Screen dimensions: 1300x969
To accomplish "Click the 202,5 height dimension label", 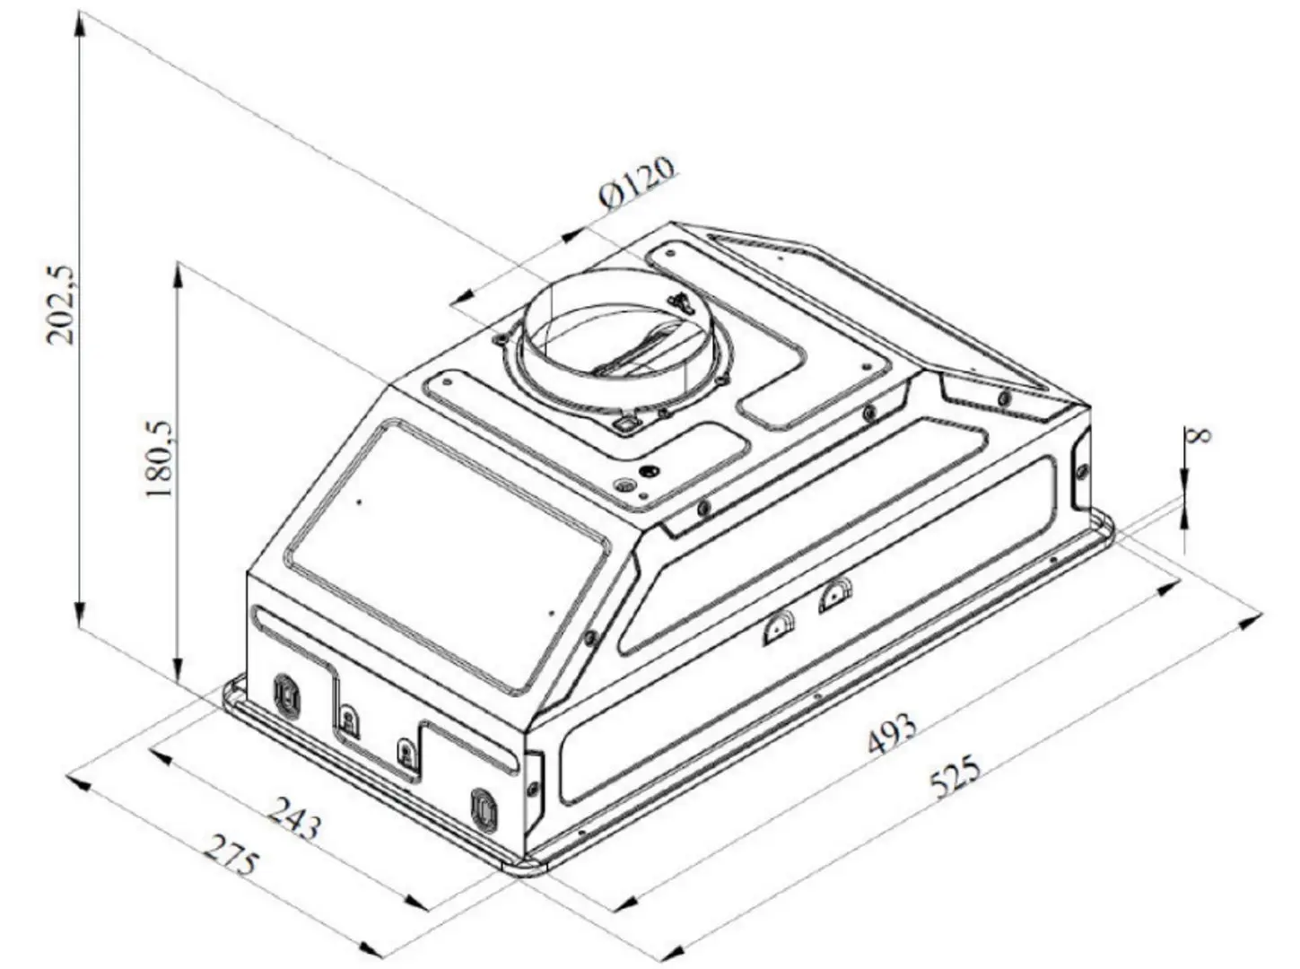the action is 63,304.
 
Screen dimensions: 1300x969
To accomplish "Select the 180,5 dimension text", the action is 160,460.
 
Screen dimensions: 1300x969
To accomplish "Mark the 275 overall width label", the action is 231,855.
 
